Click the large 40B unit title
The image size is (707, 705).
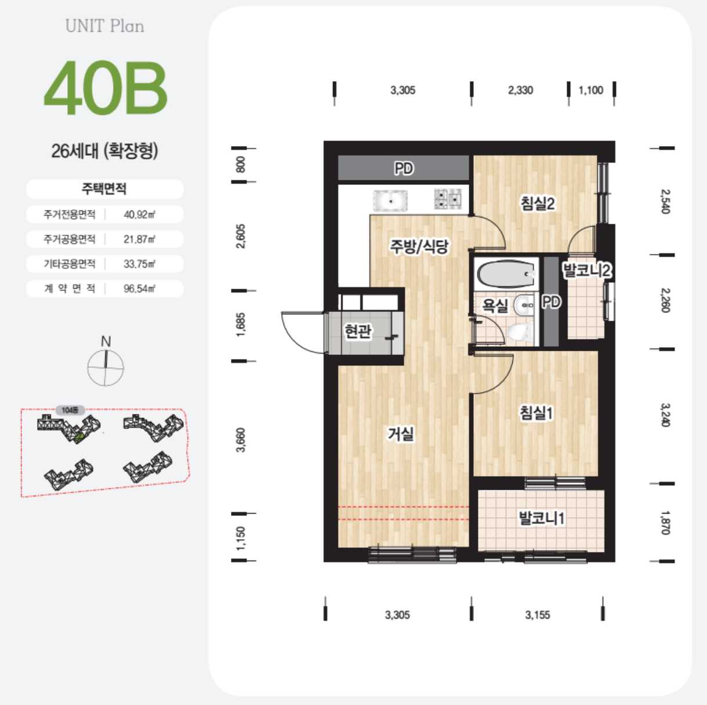click(x=106, y=88)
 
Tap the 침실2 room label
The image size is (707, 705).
click(x=538, y=203)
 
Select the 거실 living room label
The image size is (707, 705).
click(x=401, y=434)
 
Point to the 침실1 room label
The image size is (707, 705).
click(x=536, y=413)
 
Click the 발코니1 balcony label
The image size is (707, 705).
click(x=542, y=518)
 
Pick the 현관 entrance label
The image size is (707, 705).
click(x=358, y=331)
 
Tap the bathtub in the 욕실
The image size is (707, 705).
click(x=506, y=274)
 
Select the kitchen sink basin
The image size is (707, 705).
click(x=390, y=200)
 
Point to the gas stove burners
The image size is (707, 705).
click(x=448, y=199)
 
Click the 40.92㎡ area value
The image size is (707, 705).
click(x=140, y=214)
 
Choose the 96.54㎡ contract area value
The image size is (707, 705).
click(x=140, y=289)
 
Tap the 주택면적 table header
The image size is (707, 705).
click(x=104, y=188)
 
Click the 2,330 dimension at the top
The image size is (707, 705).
click(x=520, y=90)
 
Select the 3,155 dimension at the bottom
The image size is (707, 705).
click(x=538, y=615)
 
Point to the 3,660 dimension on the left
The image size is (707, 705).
click(x=241, y=440)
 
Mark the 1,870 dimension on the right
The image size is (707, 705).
click(x=665, y=523)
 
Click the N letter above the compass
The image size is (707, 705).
click(x=106, y=341)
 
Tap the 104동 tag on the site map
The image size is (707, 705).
click(x=70, y=410)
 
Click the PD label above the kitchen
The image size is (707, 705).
click(x=404, y=168)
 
